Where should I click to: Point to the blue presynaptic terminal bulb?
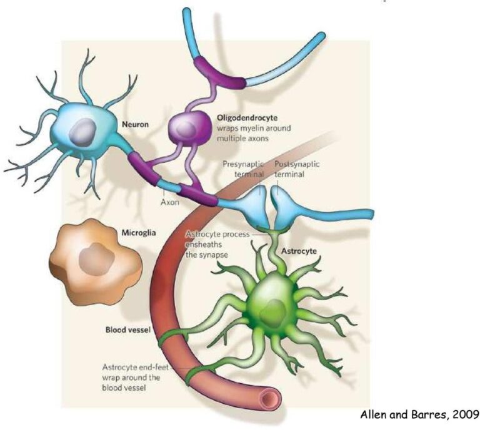tap(251, 203)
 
